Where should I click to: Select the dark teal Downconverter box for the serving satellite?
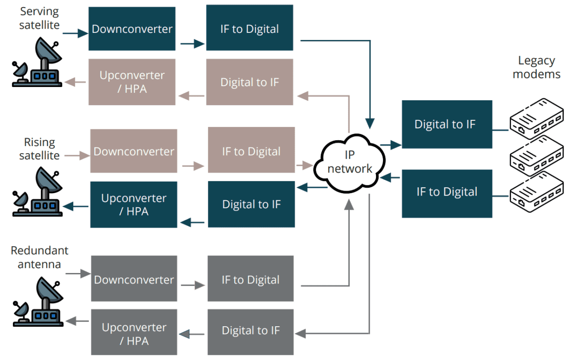(x=132, y=29)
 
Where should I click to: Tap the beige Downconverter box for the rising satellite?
(x=134, y=151)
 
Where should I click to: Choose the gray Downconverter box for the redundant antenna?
(x=134, y=279)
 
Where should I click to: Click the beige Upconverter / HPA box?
(x=132, y=82)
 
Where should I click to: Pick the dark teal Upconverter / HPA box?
(x=134, y=204)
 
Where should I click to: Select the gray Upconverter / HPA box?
(x=134, y=334)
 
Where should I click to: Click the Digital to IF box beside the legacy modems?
(x=446, y=125)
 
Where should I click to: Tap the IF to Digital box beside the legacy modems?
(x=446, y=193)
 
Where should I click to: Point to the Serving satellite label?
(x=40, y=18)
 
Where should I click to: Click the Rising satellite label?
(x=39, y=149)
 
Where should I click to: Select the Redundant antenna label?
(x=39, y=257)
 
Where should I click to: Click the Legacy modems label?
(x=536, y=67)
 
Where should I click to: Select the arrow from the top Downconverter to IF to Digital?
(x=191, y=44)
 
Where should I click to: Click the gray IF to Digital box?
(x=250, y=279)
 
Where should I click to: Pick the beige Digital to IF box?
(x=249, y=82)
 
